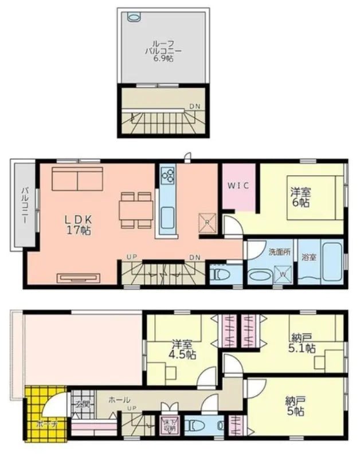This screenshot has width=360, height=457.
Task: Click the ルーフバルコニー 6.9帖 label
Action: tap(163, 51)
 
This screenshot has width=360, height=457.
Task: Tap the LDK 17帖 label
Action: tap(78, 224)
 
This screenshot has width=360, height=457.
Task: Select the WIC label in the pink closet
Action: tap(238, 186)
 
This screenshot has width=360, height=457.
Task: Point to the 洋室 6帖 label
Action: tap(300, 197)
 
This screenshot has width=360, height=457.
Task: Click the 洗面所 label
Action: tap(277, 252)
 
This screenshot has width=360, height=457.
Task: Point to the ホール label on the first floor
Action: tap(119, 400)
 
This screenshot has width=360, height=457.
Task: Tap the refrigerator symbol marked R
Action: tap(206, 222)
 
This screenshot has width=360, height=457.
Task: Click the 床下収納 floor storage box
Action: tap(169, 424)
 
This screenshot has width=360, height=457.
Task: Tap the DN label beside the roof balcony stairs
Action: tap(195, 107)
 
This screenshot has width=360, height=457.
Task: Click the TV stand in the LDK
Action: tap(79, 278)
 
